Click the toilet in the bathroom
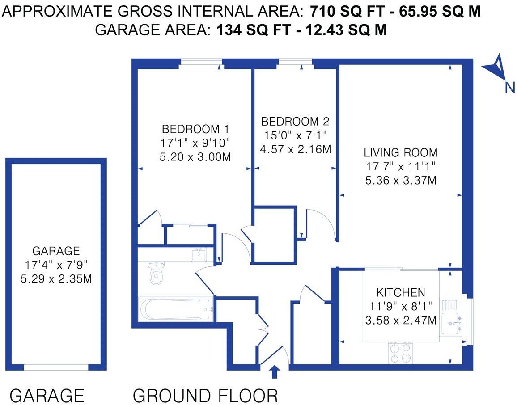[156, 273]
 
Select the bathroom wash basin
[199, 254]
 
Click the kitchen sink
[451, 324]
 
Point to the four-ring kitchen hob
[401, 352]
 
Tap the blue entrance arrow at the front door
[275, 372]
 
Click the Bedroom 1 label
[195, 130]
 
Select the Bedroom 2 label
[295, 121]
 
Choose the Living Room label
[400, 152]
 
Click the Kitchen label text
[400, 293]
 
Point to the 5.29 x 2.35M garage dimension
[56, 279]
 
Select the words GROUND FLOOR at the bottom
[205, 396]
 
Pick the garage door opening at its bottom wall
[56, 367]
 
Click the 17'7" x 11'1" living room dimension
[400, 166]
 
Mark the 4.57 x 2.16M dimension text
[295, 149]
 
